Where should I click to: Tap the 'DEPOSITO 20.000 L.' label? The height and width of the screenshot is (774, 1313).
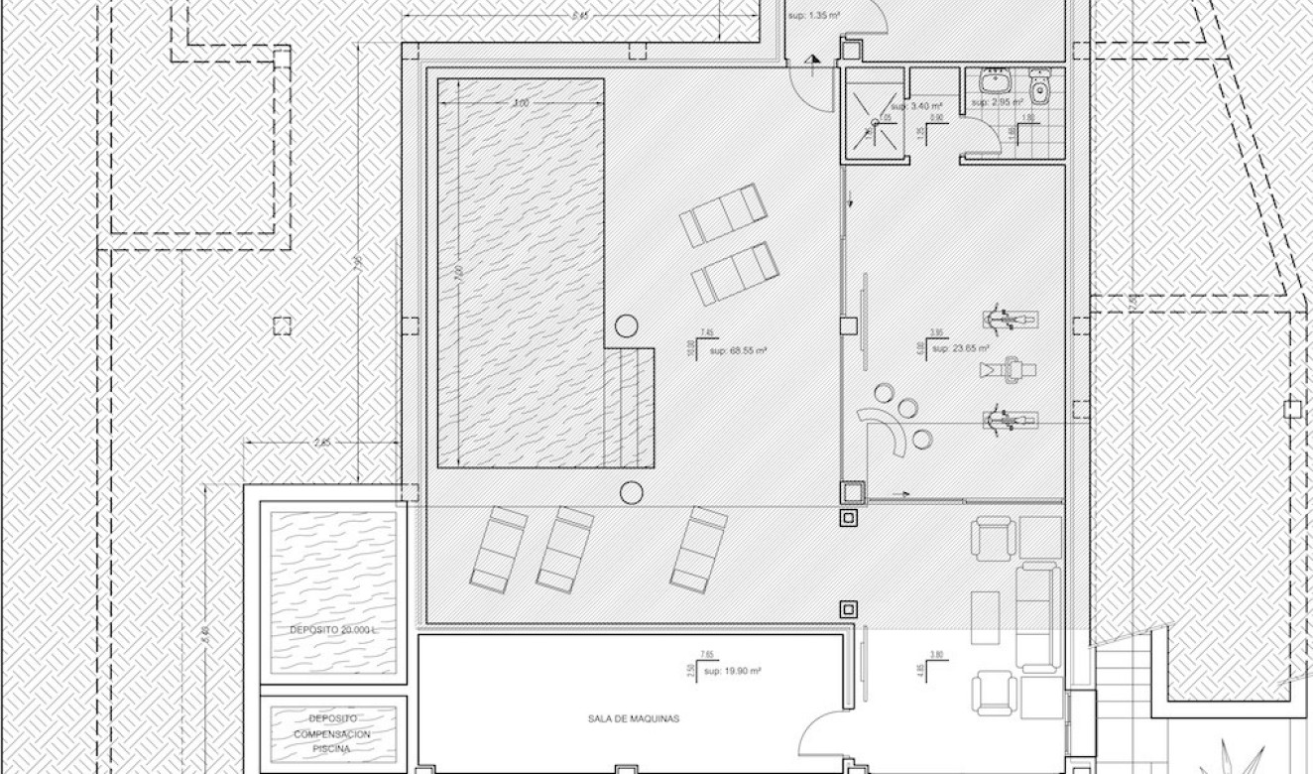click(x=334, y=631)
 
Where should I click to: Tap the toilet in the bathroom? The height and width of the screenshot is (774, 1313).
click(x=1039, y=88)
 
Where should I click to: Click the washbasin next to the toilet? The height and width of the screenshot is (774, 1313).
click(x=994, y=80)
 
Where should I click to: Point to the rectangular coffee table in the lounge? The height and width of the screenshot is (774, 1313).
click(x=985, y=617)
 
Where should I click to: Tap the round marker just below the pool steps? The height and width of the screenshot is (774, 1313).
click(x=631, y=492)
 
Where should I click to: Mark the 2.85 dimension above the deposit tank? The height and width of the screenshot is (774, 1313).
click(x=320, y=442)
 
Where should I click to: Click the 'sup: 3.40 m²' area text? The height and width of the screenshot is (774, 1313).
click(x=915, y=105)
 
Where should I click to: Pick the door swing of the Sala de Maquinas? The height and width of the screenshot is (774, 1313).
click(x=823, y=739)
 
